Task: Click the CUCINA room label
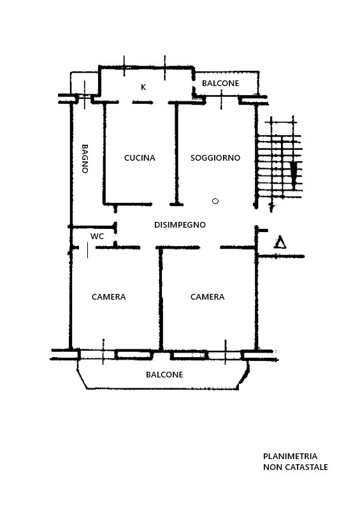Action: tap(140, 158)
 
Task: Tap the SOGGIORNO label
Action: tap(215, 158)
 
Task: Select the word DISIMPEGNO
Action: tap(180, 225)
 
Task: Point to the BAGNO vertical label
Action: tap(85, 159)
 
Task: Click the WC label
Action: tap(97, 237)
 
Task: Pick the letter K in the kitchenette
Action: tap(143, 87)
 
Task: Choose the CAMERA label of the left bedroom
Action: tap(109, 297)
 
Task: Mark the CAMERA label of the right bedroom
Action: tap(208, 297)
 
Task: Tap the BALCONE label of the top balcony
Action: tap(220, 84)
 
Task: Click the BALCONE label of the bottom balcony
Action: tap(164, 375)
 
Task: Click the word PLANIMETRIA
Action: tap(290, 457)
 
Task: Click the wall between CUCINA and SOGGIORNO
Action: tap(176, 154)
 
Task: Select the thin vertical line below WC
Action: tap(87, 251)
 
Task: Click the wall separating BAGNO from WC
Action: tap(92, 227)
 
